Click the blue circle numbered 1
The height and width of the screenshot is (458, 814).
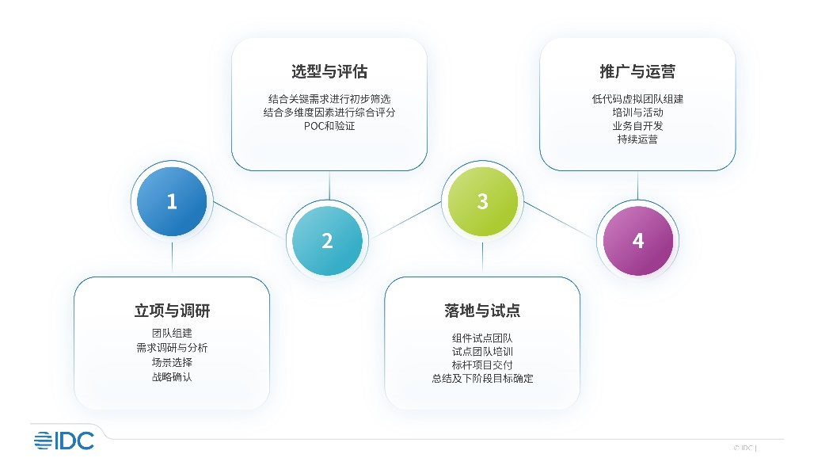tap(172, 201)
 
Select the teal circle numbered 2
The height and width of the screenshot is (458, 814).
tap(327, 240)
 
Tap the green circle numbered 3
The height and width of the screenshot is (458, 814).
tap(483, 201)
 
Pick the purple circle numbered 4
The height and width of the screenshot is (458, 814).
tap(638, 240)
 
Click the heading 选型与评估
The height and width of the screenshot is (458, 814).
tap(329, 71)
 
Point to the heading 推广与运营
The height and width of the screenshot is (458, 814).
tap(637, 71)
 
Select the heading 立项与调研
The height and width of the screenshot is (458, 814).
tap(172, 311)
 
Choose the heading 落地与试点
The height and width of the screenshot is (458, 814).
tap(482, 311)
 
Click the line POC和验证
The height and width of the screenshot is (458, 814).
tap(329, 126)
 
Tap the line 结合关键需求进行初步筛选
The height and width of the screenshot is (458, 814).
tap(329, 99)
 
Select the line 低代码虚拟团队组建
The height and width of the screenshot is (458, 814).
tap(637, 99)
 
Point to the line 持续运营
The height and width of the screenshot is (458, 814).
tap(637, 139)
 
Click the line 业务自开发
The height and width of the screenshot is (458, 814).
tap(637, 126)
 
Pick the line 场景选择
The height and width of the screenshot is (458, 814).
tap(172, 362)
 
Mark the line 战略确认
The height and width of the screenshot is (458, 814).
tap(172, 377)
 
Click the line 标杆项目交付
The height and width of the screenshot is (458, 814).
tap(482, 365)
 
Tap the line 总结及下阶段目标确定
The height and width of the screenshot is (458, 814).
tap(482, 379)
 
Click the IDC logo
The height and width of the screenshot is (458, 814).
tap(64, 441)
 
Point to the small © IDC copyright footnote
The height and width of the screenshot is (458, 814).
tap(745, 448)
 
